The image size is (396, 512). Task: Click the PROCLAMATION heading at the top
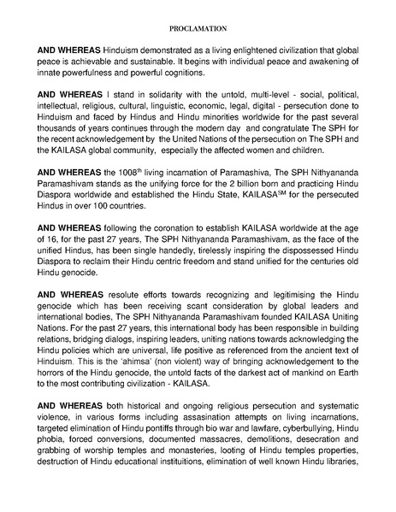198,26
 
